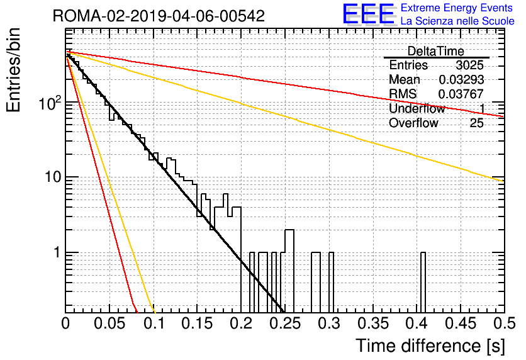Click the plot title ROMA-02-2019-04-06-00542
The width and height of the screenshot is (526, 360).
coord(159,16)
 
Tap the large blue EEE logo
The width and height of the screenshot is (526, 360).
coord(369,14)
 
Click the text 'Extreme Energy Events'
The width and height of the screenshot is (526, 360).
coord(457,8)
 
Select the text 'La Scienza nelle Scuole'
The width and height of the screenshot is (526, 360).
coord(457,21)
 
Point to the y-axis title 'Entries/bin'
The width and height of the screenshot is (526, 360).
coord(13,70)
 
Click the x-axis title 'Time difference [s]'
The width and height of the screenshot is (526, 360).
coord(430,346)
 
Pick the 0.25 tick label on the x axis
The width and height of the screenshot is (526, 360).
coord(285,323)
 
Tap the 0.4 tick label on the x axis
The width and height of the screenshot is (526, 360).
coord(417,323)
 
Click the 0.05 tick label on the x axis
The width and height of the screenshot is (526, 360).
coord(109,323)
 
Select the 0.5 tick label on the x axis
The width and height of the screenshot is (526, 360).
coord(504,323)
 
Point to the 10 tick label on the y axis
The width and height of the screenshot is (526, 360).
coord(53,177)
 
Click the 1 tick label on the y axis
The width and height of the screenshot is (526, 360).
coord(57,252)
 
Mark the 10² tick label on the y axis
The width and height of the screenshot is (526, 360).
coord(50,103)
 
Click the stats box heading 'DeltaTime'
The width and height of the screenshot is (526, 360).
coord(436,51)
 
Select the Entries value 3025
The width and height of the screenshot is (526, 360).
coord(469,65)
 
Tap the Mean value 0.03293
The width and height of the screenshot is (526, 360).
coord(461,79)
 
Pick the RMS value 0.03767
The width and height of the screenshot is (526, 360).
coord(461,94)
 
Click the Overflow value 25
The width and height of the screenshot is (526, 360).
coord(477,123)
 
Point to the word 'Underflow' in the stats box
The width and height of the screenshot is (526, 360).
coord(417,108)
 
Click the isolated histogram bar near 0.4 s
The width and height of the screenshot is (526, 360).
coord(423,283)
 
